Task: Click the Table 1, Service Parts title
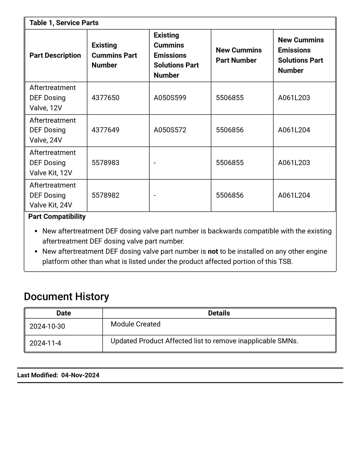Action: point(64,23)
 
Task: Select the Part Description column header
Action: point(55,55)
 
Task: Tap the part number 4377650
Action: point(105,98)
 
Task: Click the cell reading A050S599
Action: point(170,98)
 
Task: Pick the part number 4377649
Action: point(105,130)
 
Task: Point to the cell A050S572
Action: point(170,130)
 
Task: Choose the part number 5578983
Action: point(105,163)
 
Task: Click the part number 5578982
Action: point(105,195)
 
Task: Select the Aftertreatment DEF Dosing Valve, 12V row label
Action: point(52,98)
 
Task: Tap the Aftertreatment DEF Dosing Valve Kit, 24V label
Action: point(52,195)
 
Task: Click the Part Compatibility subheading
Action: point(57,217)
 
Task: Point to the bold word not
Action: point(213,251)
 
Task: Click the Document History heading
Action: point(66,297)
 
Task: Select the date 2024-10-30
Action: point(47,326)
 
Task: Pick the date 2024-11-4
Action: point(45,343)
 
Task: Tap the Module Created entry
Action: point(135,324)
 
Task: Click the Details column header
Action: point(219,313)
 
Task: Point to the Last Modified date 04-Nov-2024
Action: point(80,375)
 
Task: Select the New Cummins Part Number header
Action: point(239,55)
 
